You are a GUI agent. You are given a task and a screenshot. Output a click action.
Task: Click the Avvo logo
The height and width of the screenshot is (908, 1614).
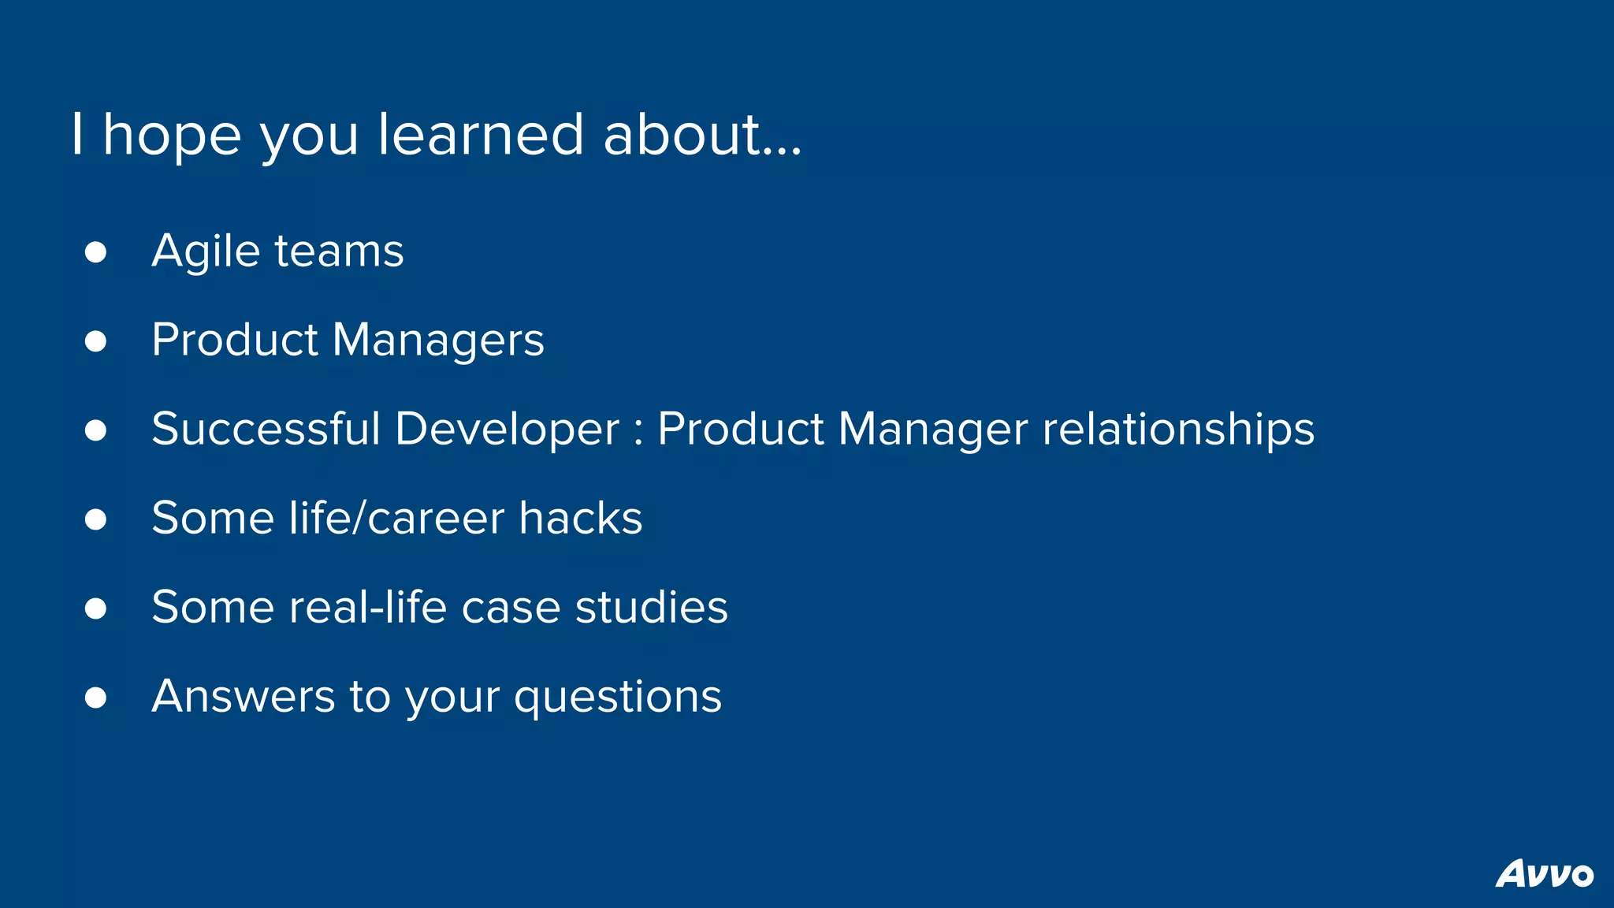pos(1544,873)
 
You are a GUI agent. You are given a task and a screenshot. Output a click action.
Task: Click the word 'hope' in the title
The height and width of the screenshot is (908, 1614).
pos(172,136)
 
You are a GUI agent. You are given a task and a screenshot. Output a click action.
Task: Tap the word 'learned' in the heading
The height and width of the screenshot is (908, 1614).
pos(481,134)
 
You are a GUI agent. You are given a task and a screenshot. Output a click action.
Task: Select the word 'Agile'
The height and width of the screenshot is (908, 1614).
pos(206,252)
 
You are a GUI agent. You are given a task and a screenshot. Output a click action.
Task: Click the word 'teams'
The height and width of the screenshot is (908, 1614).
pos(339,252)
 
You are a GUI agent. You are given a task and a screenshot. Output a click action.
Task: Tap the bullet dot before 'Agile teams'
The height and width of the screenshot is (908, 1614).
pos(95,252)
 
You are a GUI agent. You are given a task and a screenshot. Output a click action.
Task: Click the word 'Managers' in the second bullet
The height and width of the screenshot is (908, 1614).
pos(438,341)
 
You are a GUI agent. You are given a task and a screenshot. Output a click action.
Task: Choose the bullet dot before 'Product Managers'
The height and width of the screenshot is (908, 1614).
pos(95,341)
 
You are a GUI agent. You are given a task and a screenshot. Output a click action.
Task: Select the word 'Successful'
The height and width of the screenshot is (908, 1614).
pos(266,430)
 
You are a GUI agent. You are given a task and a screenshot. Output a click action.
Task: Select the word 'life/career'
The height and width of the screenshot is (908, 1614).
pos(396,519)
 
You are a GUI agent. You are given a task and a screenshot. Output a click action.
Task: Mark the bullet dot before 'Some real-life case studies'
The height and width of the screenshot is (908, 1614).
pos(95,608)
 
